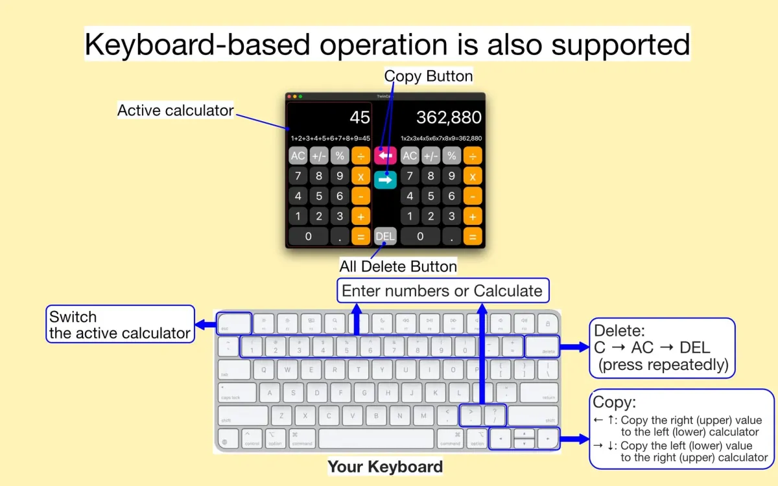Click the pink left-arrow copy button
[x=385, y=156]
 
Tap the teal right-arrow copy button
[x=385, y=179]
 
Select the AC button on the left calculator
[x=298, y=156]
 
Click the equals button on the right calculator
[x=473, y=237]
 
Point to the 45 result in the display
[x=360, y=117]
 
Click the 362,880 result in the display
[x=449, y=117]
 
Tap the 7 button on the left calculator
[x=298, y=176]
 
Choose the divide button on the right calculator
[x=473, y=156]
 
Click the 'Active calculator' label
[x=175, y=110]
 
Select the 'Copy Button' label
[x=429, y=76]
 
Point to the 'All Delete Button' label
[x=398, y=266]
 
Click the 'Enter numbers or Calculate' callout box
[x=442, y=291]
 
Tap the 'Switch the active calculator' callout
[x=121, y=325]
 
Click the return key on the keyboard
[x=539, y=393]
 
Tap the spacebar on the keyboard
[x=376, y=438]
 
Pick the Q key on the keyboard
[x=264, y=370]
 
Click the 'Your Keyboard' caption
[x=385, y=467]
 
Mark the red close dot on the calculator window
[x=289, y=96]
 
